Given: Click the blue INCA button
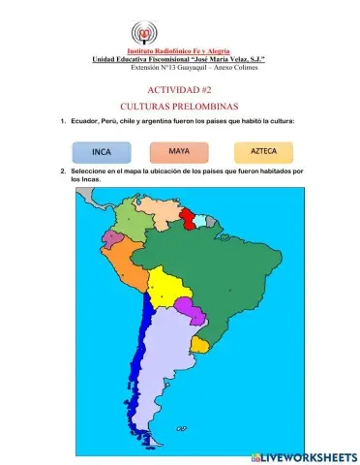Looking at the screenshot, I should coord(102,152).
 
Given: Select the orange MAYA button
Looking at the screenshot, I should coord(179,151).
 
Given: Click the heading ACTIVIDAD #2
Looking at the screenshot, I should coord(179,88).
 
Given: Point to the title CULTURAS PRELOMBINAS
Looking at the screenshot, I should coord(179,105).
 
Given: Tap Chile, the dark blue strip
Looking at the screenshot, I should coord(146,368).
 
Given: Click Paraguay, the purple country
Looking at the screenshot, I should coord(192,312).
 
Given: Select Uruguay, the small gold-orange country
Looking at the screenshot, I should coord(201,344).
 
